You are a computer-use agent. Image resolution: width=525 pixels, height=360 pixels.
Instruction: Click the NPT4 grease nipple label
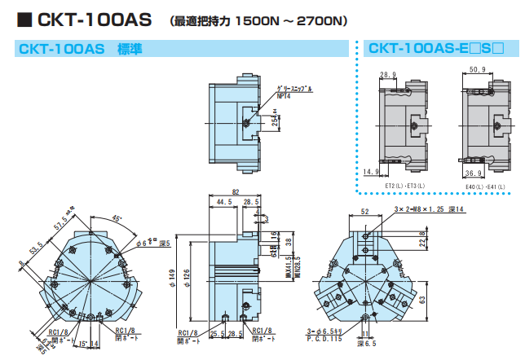[283, 95]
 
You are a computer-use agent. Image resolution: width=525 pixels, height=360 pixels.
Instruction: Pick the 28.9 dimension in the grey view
[389, 74]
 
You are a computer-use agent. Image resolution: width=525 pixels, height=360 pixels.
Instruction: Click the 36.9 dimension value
[477, 173]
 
